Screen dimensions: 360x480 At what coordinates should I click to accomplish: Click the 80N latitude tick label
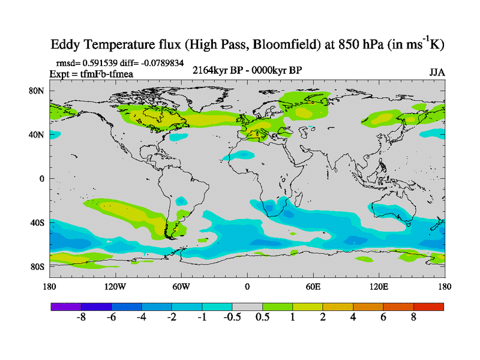(x=38, y=91)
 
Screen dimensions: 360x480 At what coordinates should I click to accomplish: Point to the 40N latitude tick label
(x=38, y=134)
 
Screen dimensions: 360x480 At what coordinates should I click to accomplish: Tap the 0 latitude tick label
(x=42, y=179)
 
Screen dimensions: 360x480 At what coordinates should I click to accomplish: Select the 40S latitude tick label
(x=38, y=223)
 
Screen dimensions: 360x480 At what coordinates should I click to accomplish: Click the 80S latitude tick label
(x=38, y=266)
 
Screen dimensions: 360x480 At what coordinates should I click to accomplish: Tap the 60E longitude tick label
(x=313, y=287)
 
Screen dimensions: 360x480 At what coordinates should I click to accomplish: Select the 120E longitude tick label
(x=379, y=287)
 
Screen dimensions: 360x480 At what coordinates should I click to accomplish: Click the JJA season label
(x=437, y=73)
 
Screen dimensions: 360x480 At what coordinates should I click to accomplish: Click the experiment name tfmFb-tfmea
(x=112, y=74)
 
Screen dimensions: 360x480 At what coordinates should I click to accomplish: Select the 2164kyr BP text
(x=215, y=71)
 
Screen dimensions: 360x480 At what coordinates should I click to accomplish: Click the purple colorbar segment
(x=66, y=306)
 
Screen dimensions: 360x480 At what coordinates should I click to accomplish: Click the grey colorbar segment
(x=247, y=306)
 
